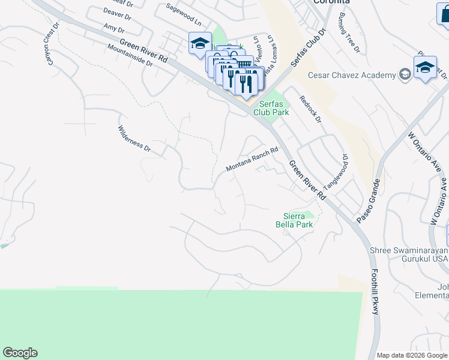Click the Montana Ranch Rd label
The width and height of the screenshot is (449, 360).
tap(252, 160)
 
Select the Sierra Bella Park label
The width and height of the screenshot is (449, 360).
tap(298, 220)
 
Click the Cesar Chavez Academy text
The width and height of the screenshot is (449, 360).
tap(352, 75)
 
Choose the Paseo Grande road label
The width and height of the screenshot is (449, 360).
tap(368, 201)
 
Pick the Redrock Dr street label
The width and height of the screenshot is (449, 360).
tap(310, 109)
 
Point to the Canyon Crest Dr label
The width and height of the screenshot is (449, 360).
tap(46, 50)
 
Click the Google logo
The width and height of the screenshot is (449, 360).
tap(20, 353)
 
